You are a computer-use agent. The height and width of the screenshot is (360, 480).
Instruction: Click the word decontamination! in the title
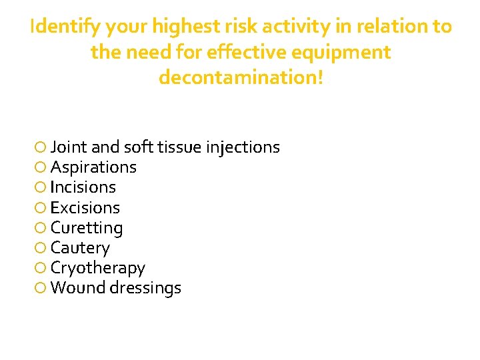pyautogui.click(x=241, y=78)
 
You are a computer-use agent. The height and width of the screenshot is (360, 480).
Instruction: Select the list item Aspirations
pyautogui.click(x=93, y=167)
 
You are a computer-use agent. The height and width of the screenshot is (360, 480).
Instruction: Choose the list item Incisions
pyautogui.click(x=83, y=187)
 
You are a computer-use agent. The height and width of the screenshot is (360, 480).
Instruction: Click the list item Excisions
pyautogui.click(x=85, y=207)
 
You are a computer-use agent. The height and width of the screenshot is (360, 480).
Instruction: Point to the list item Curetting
pyautogui.click(x=87, y=228)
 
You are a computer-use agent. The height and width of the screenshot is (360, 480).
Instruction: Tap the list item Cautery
pyautogui.click(x=80, y=248)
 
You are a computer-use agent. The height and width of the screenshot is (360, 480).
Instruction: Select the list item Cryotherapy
pyautogui.click(x=97, y=268)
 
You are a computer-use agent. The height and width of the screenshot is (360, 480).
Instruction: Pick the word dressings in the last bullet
pyautogui.click(x=147, y=288)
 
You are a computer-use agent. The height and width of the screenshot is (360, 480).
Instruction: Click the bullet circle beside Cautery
pyautogui.click(x=41, y=248)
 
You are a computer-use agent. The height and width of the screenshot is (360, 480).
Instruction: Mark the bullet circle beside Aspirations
pyautogui.click(x=41, y=167)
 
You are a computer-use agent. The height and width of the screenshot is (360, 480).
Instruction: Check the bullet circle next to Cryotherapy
pyautogui.click(x=41, y=268)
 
